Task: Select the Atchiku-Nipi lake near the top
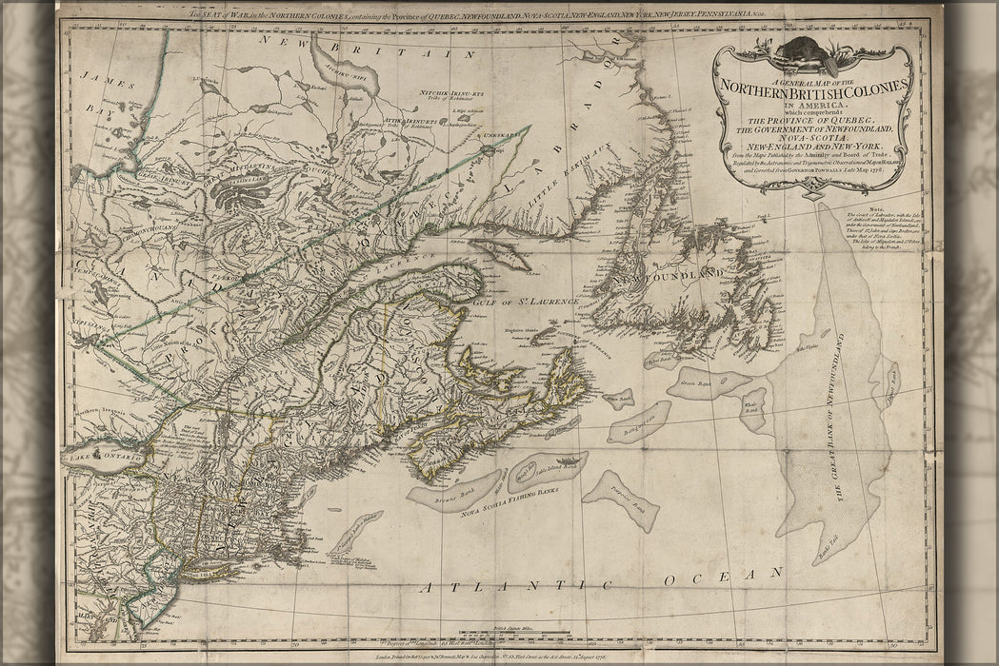pyautogui.click(x=357, y=95)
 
